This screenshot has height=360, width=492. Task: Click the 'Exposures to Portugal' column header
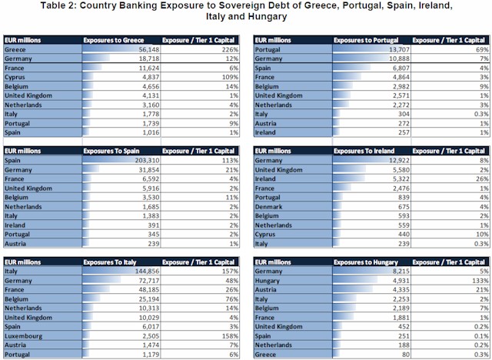tap(366, 38)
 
